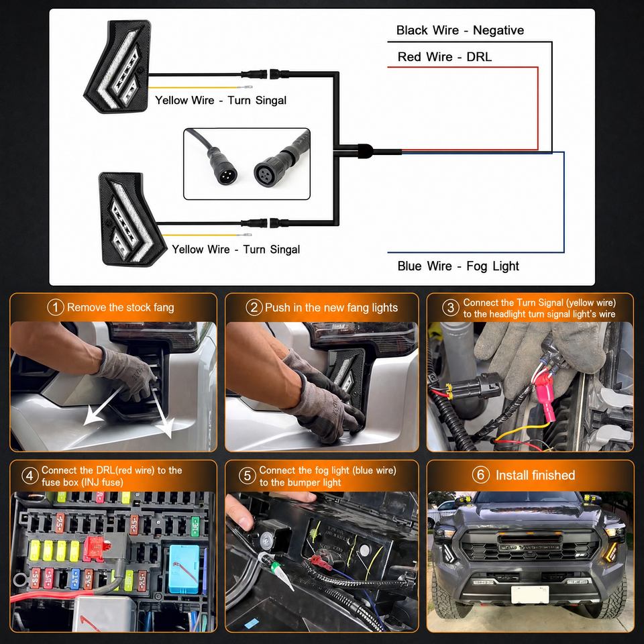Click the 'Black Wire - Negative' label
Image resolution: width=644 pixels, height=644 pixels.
coord(460,30)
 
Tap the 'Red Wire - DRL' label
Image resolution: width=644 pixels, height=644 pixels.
coord(444,56)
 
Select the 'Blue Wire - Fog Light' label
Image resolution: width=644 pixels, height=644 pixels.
coord(458,266)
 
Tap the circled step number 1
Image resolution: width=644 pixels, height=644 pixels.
coord(56,307)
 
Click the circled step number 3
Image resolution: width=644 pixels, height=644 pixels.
coord(451,308)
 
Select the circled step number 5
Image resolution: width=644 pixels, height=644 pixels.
coord(248,476)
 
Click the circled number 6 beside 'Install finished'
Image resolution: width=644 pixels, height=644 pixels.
coord(480,475)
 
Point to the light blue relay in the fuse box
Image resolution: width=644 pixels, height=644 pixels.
coord(184,568)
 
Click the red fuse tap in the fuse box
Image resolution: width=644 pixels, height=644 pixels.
coord(96,548)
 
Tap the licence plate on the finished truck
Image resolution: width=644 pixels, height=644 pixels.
coord(530,594)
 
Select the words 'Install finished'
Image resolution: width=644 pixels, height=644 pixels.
coord(535,475)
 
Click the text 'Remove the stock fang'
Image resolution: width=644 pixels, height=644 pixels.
coord(120,307)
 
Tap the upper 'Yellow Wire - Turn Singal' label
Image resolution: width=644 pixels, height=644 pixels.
coord(221,100)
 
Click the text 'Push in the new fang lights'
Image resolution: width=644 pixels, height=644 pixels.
coord(331,308)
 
